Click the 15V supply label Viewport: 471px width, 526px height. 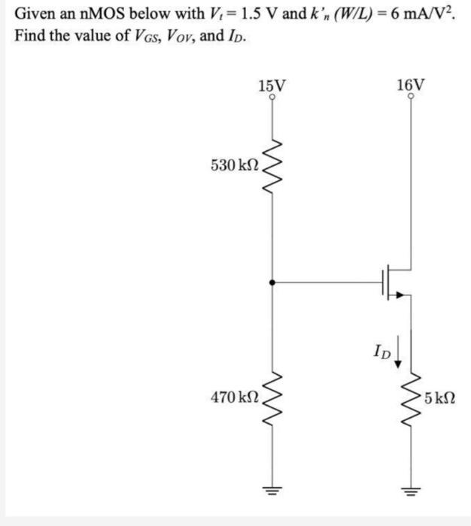coord(271,85)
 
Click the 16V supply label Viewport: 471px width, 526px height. coord(409,85)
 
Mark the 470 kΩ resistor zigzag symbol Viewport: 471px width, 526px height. coord(272,391)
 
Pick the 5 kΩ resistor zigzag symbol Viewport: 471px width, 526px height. coord(410,391)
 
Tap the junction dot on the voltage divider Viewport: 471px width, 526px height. coord(272,283)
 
